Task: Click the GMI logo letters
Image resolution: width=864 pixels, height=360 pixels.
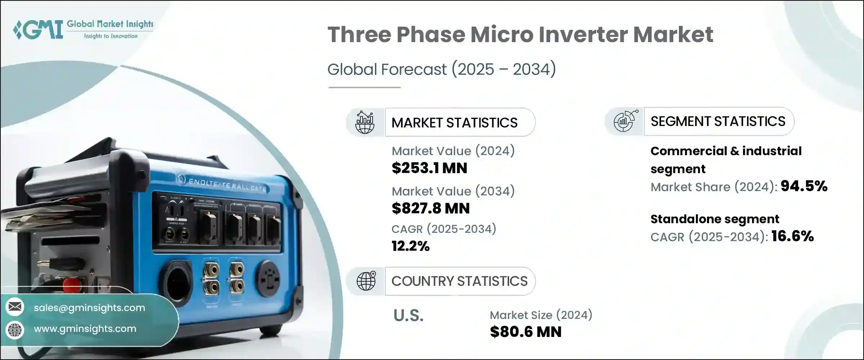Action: [x=38, y=30]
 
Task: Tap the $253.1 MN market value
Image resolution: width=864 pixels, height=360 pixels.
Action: [x=429, y=168]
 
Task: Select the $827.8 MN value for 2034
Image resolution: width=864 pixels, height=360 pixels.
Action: [x=431, y=208]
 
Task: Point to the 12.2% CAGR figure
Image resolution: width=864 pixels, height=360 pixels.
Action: [x=410, y=246]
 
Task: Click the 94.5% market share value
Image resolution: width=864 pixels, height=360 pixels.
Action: [x=804, y=186]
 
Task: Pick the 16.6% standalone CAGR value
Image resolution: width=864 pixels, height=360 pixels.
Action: [x=792, y=236]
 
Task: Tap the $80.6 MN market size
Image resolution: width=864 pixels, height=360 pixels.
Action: [x=526, y=332]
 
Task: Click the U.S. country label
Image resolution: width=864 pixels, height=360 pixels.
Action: [x=408, y=315]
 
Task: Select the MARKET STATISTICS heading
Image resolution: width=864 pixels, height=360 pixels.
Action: [x=454, y=123]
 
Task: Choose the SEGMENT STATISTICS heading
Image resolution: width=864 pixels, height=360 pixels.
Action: [x=718, y=122]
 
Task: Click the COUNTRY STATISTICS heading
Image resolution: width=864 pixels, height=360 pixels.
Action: [x=459, y=281]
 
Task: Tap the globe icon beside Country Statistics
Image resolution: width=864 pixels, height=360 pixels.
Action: [x=366, y=281]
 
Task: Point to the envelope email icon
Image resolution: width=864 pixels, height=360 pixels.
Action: [x=15, y=307]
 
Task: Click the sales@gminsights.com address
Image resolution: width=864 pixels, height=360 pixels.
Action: [x=89, y=308]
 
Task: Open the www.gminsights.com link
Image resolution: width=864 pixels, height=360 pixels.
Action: [x=85, y=329]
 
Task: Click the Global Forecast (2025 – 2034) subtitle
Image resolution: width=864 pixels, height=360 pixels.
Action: [x=441, y=69]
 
